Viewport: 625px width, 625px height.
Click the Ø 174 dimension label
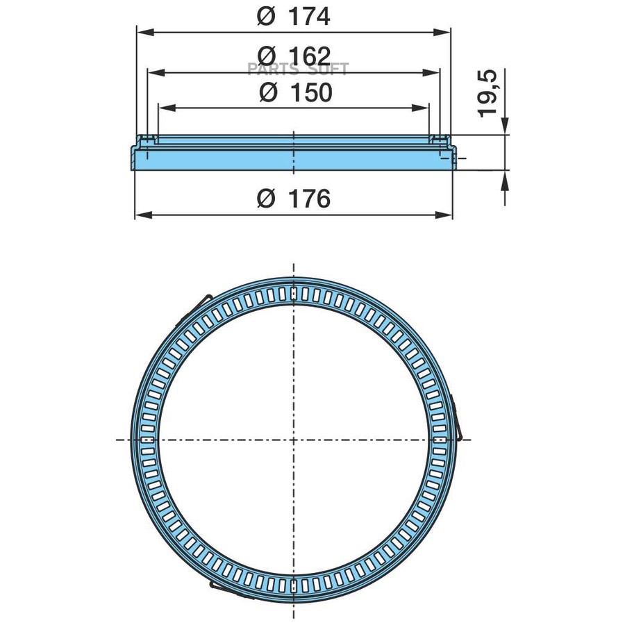pyautogui.click(x=293, y=16)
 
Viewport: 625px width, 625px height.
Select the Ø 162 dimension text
pyautogui.click(x=293, y=55)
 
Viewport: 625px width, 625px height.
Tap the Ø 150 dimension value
pyautogui.click(x=294, y=92)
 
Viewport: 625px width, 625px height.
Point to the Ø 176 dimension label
pyautogui.click(x=293, y=199)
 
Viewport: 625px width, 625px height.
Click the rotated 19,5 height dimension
pyautogui.click(x=489, y=93)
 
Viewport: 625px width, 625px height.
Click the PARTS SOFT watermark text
pyautogui.click(x=298, y=69)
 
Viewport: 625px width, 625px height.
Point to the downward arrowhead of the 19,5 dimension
pyautogui.click(x=505, y=126)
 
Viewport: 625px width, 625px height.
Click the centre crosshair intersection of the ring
pyautogui.click(x=294, y=439)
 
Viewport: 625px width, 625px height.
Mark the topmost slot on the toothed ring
pyautogui.click(x=294, y=292)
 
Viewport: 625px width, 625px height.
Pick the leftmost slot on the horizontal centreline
pyautogui.click(x=147, y=439)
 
